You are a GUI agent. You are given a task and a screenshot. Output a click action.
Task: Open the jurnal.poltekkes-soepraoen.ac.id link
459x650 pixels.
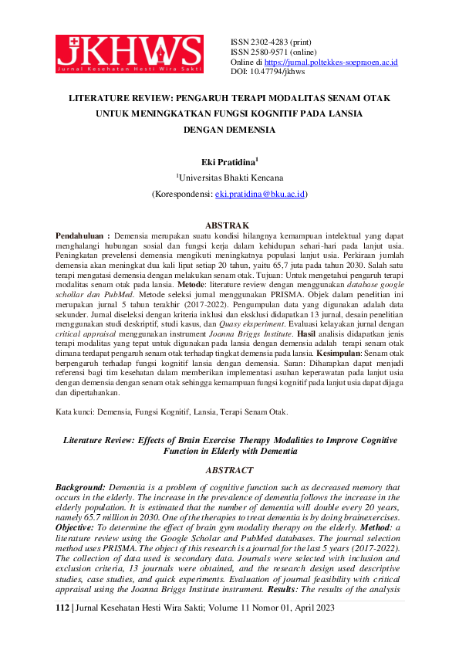[x=331, y=61]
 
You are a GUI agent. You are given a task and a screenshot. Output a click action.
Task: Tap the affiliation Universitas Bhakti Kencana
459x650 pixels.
[x=231, y=177]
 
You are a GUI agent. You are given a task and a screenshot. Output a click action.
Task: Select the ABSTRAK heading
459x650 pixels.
[x=230, y=225]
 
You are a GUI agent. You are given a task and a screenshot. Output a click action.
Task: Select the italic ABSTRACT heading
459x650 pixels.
[x=230, y=470]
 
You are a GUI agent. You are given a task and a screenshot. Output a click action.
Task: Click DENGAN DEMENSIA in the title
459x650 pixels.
[x=229, y=130]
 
